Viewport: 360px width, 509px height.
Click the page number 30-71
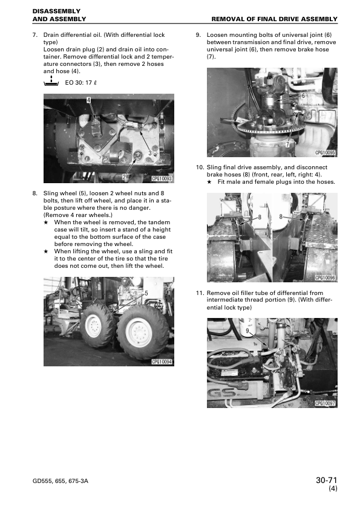pos(326,480)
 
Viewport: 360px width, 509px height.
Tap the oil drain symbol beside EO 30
pos(51,81)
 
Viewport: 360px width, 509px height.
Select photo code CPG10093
pos(162,179)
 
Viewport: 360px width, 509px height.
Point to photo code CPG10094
pos(162,362)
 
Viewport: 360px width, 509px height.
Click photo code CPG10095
pos(325,152)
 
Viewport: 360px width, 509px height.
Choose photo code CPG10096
pos(325,277)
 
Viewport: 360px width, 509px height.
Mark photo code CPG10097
pos(325,403)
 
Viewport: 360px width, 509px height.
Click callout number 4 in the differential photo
pos(88,100)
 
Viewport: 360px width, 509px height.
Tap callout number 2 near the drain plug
pos(124,177)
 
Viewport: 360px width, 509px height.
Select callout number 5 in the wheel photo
pos(146,293)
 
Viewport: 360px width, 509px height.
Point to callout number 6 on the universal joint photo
pos(303,96)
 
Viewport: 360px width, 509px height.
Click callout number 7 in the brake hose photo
pos(287,144)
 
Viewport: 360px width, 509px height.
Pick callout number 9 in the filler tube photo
pos(247,331)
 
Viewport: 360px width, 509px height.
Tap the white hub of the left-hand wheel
pos(94,326)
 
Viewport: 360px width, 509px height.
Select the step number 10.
pos(200,167)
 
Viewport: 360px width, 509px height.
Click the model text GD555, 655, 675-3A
pos(61,481)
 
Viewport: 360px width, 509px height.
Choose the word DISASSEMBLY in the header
pos(56,11)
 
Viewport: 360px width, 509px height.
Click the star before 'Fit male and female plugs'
pos(209,182)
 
